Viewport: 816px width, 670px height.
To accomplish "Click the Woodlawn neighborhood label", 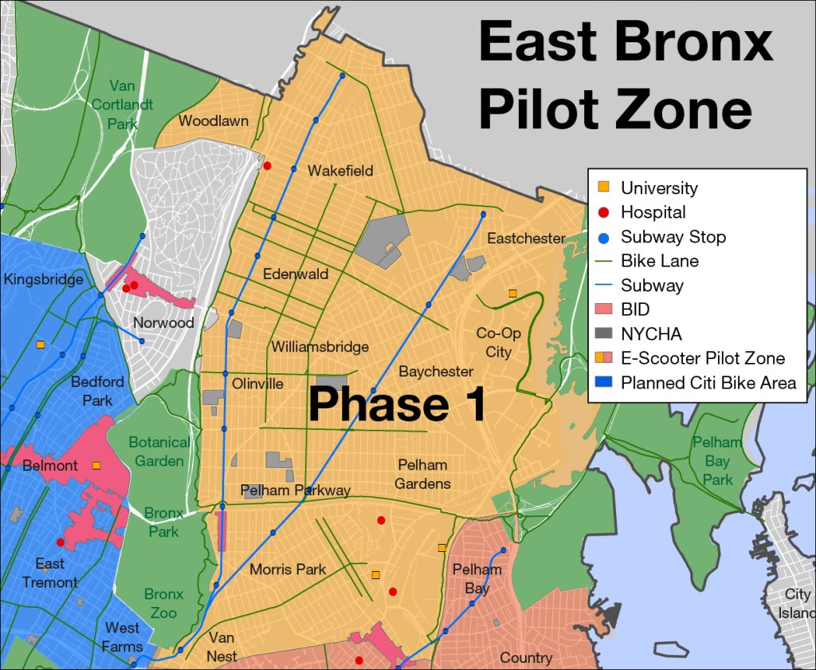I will pos(214,121).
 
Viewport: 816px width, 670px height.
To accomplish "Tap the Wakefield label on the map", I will pos(340,171).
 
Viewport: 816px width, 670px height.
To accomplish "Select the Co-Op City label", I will pos(499,342).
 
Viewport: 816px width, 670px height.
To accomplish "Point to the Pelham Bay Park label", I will pos(717,460).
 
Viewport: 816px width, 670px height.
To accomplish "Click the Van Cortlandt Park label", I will pos(123,104).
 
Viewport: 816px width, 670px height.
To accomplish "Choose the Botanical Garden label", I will pos(159,451).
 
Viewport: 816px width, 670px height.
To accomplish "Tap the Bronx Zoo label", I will pos(163,603).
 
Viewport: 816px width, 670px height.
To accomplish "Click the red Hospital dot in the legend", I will pos(604,212).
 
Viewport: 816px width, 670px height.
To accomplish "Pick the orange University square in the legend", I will pos(604,187).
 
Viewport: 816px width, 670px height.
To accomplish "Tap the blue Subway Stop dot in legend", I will pos(604,237).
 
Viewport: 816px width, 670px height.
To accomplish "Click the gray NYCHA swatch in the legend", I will pos(604,334).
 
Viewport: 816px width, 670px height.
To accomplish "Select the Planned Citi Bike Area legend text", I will pos(708,383).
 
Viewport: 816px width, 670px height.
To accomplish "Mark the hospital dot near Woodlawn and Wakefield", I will pos(268,166).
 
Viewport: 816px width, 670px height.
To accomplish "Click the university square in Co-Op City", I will pos(512,294).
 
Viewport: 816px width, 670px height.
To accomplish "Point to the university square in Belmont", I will pos(96,465).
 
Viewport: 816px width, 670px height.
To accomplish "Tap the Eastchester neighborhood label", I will pos(526,238).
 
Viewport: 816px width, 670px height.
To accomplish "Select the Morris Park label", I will pos(288,569).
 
